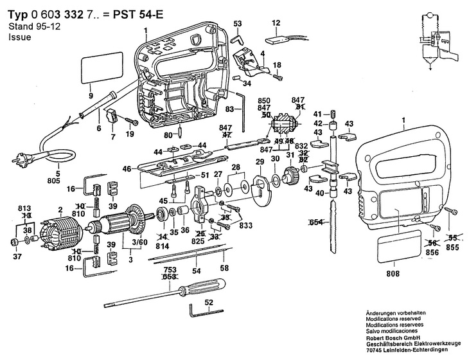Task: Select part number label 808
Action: [x=393, y=273]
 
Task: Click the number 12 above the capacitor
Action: [x=276, y=22]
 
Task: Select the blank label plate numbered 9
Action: [x=102, y=67]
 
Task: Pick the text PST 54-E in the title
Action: [x=138, y=14]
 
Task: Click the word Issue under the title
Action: [x=20, y=37]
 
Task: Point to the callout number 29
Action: [x=260, y=162]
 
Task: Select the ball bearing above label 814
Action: [x=163, y=214]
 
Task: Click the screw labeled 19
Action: [x=132, y=121]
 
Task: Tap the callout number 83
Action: [x=230, y=109]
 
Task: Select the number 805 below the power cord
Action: [x=54, y=181]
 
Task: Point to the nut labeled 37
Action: [x=13, y=242]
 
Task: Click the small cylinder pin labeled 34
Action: [x=236, y=78]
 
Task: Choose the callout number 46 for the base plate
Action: [x=127, y=169]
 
